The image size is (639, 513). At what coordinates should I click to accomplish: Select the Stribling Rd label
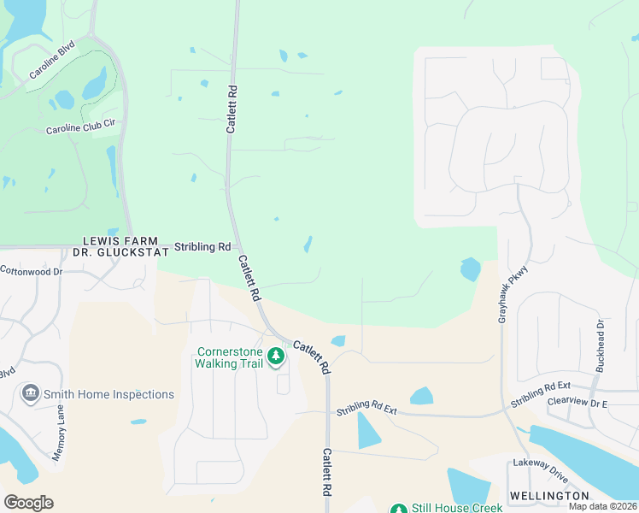pos(202,247)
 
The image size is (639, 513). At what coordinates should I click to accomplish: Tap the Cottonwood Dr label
pos(31,272)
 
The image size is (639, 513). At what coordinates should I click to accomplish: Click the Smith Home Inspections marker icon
pos(31,393)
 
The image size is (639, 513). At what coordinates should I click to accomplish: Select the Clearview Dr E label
pos(577,403)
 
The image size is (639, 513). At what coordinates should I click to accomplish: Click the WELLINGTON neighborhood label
pos(549,496)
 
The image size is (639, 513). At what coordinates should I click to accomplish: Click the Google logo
pos(29,503)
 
